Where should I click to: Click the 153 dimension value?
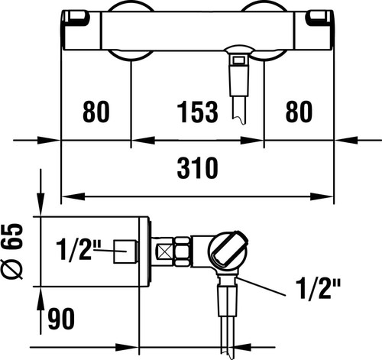tap(198, 112)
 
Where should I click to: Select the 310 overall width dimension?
tap(198, 168)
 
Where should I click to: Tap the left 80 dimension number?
tap(96, 112)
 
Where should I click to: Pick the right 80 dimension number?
tap(299, 112)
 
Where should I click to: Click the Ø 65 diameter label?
tap(12, 251)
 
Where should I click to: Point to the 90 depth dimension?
tap(61, 319)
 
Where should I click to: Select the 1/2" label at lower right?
tap(318, 289)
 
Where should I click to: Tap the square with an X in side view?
tap(165, 252)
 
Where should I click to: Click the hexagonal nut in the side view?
tap(182, 252)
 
